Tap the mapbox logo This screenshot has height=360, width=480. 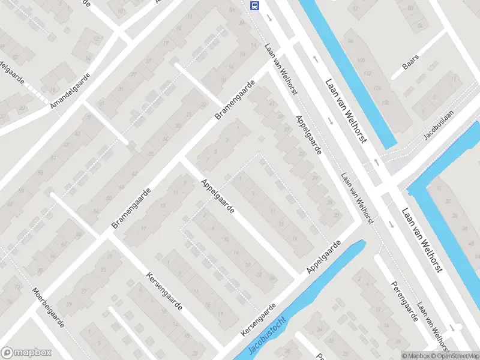point(26,353)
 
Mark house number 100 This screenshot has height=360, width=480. point(361,61)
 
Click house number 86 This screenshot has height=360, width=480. point(350,41)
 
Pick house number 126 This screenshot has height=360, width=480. point(378,88)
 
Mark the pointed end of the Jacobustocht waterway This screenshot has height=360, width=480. point(363,242)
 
